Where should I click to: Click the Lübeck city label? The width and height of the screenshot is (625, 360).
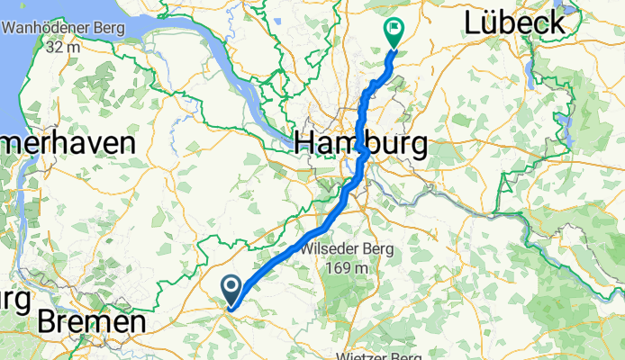point(516,23)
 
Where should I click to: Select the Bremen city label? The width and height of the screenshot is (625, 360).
point(91,322)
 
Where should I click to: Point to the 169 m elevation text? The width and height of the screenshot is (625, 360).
point(345,267)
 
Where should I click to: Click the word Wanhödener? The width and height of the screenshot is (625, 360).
point(46,28)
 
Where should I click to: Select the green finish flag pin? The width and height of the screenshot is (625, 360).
point(394,31)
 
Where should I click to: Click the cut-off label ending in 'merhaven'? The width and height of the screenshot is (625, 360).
point(68,143)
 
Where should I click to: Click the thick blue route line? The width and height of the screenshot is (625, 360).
point(297,247)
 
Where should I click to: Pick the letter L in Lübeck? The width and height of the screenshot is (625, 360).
point(476,23)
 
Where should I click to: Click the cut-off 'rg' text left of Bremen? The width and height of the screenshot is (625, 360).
point(14,298)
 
